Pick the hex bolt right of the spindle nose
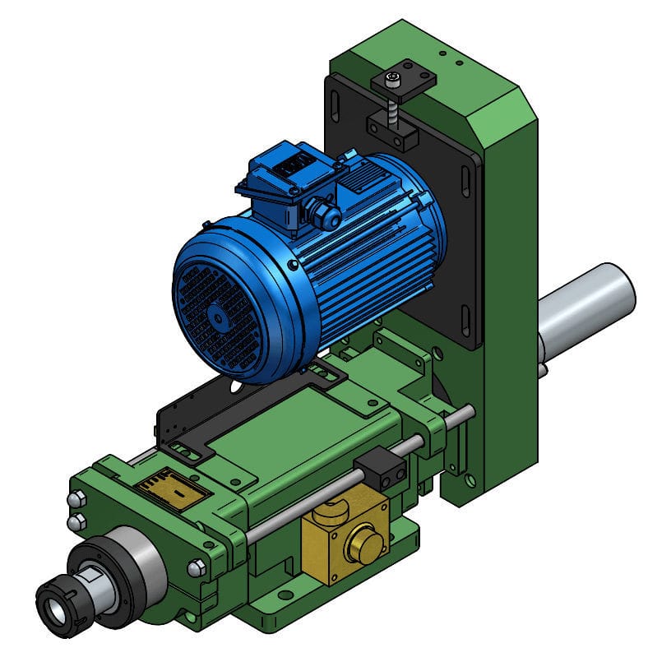[x=197, y=567]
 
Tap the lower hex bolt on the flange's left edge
[x=76, y=522]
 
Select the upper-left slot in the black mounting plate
[x=337, y=107]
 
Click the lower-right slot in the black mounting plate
[x=466, y=319]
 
